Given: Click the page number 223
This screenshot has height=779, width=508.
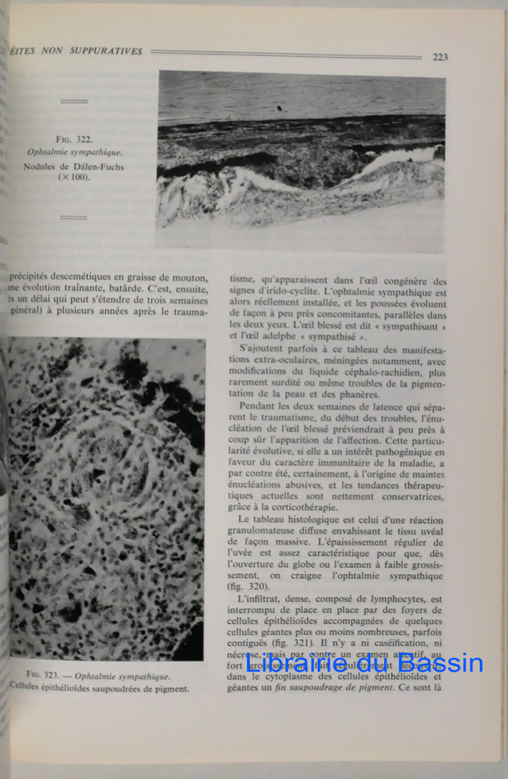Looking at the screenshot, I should click(439, 57).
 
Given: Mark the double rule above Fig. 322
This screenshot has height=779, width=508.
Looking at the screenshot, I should click(74, 101).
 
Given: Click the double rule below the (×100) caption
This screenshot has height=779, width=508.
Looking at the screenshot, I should click(74, 217).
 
